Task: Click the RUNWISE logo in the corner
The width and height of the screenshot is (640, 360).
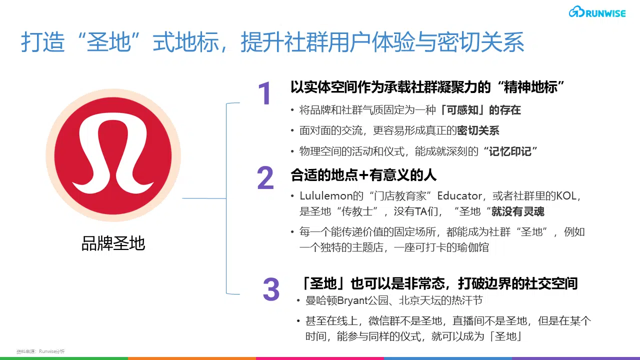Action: point(597,12)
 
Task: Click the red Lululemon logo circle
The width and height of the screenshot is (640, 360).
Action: point(113,155)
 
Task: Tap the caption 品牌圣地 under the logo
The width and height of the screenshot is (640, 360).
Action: point(113,243)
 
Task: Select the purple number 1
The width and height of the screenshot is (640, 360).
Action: point(264,93)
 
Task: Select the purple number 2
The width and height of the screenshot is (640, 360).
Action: point(265,177)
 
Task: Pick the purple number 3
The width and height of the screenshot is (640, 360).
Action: point(271,289)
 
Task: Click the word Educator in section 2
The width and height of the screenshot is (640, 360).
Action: point(459,196)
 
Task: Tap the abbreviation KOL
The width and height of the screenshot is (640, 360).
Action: point(566,196)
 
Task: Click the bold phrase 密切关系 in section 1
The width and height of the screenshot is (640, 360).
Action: point(478,130)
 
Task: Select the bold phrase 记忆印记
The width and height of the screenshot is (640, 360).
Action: point(510,151)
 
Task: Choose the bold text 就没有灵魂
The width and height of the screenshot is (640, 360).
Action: point(517,211)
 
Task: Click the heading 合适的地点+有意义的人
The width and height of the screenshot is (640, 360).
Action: point(363,175)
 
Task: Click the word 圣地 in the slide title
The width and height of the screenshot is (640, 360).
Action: point(108,42)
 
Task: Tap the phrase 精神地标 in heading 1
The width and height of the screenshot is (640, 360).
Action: point(530,87)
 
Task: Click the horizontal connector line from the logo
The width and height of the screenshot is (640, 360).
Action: point(204,198)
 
